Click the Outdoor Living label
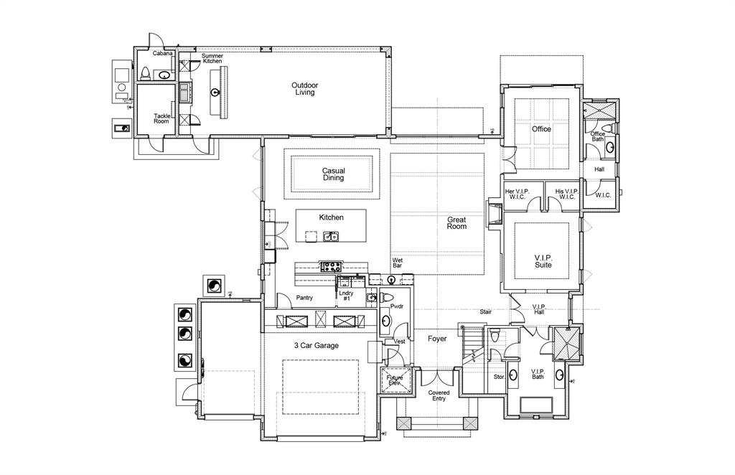304,88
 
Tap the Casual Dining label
333,174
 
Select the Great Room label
457,222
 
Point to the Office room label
541,129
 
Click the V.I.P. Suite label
543,260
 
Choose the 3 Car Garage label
316,345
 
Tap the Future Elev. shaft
395,380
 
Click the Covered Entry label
439,395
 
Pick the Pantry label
304,297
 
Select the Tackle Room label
162,118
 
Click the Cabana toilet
146,72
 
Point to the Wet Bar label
397,263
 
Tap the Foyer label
437,339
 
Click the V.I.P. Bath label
538,374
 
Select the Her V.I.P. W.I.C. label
521,194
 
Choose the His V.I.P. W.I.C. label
566,194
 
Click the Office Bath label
597,136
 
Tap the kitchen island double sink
331,236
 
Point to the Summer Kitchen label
212,58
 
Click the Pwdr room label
396,306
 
